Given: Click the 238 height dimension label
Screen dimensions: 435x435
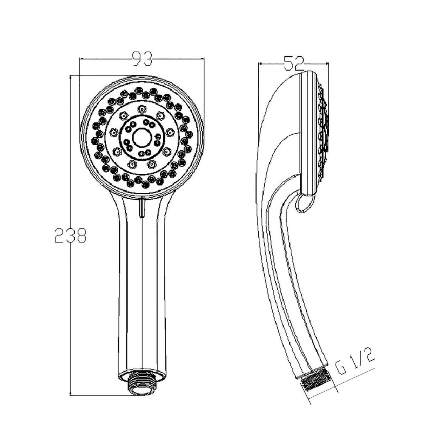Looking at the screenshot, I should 71,235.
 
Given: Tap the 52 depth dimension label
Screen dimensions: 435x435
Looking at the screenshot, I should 294,64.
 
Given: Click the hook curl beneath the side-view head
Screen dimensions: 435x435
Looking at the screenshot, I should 304,203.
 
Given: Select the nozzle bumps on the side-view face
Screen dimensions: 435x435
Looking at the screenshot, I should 323,127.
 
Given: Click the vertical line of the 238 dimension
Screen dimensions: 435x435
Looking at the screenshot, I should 70,170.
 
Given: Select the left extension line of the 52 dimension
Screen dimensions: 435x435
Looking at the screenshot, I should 259,85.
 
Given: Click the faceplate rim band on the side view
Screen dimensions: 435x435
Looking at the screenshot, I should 308,132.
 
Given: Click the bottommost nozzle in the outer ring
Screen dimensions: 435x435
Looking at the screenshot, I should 146,185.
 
